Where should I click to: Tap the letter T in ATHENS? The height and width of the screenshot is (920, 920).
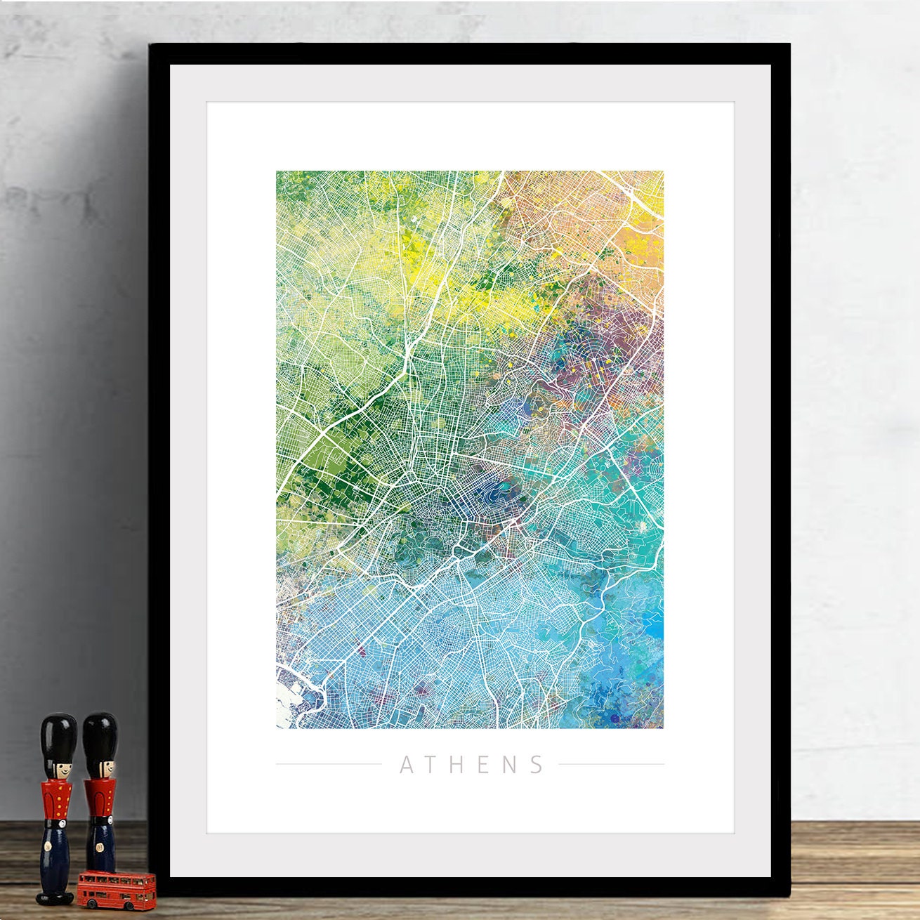coord(433,765)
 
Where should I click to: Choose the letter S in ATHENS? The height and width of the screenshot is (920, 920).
coord(537,765)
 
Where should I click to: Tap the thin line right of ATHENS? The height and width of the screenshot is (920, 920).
coord(611,764)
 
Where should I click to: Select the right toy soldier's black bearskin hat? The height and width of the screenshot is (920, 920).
coord(100,734)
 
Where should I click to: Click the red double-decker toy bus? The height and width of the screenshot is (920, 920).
coord(117,889)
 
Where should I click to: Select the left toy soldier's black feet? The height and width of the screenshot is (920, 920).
coord(55,897)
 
